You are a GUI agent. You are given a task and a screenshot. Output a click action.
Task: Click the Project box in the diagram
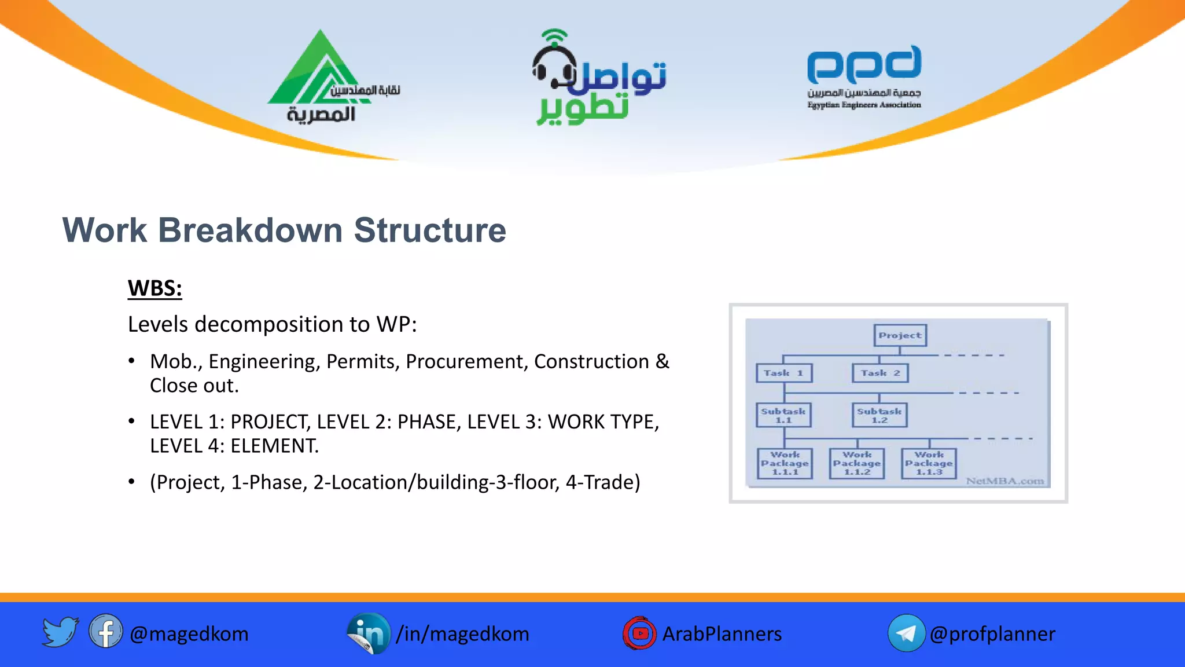tap(900, 335)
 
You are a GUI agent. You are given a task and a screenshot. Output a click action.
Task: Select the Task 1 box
tap(784, 373)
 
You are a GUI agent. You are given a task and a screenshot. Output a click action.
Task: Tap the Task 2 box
tap(880, 373)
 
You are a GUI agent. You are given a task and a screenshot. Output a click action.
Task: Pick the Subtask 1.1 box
tap(783, 415)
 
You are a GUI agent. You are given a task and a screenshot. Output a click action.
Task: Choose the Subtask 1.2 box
tap(879, 415)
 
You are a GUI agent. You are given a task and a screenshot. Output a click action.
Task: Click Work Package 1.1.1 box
tap(785, 463)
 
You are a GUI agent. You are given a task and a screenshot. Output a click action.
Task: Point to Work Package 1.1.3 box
tap(929, 463)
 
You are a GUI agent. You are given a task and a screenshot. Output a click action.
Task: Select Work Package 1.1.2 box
tap(857, 463)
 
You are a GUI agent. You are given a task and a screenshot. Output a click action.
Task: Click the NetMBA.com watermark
tap(1004, 481)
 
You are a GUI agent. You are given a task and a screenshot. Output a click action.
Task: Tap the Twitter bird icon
tap(60, 632)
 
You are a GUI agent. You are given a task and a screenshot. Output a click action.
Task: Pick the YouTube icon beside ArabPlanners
tap(639, 633)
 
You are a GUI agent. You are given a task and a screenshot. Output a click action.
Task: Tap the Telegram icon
tap(906, 633)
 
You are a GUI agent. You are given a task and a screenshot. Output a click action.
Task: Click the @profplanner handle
tap(992, 634)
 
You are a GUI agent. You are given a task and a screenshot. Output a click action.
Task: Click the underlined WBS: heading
tap(154, 288)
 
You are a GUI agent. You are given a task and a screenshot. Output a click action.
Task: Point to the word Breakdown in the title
tap(250, 230)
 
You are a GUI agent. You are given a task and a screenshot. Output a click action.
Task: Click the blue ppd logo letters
tap(864, 65)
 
